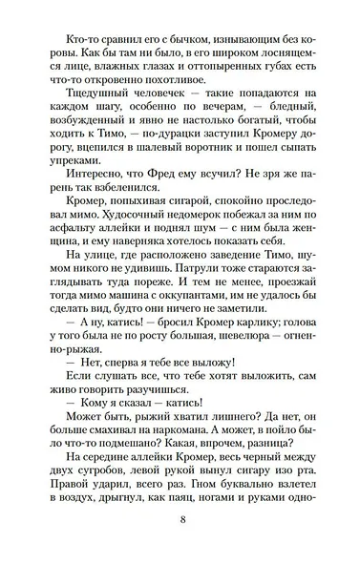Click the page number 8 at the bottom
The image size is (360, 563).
click(180, 519)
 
